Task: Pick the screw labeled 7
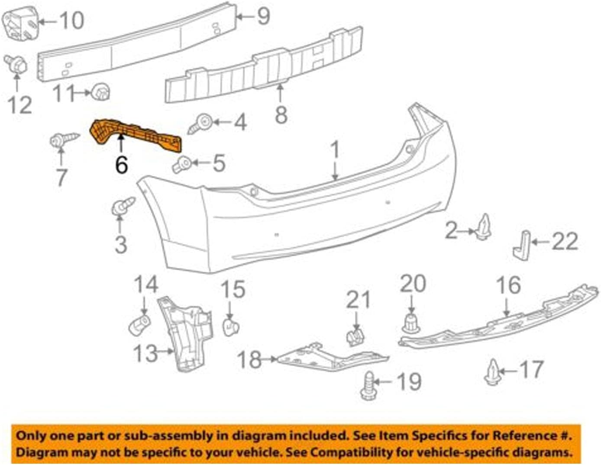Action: pos(63,139)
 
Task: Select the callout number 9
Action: pos(263,16)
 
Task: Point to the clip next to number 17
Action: pos(493,372)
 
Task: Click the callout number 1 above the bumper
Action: pos(335,149)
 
